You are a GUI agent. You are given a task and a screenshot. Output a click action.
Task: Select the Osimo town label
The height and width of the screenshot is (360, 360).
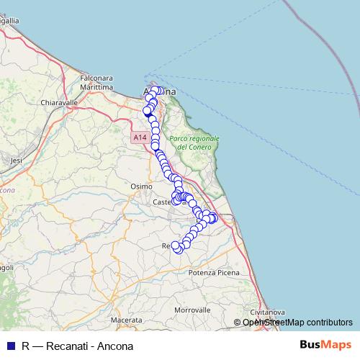(x=141, y=186)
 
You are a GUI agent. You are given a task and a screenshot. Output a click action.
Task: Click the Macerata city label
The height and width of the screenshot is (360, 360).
(x=126, y=319)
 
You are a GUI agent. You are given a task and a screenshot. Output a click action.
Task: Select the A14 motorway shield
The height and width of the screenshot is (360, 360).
(x=140, y=137)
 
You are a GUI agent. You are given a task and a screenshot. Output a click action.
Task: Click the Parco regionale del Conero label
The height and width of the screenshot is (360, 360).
(x=194, y=143)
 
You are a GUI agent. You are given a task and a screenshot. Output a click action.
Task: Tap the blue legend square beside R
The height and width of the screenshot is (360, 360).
(x=10, y=345)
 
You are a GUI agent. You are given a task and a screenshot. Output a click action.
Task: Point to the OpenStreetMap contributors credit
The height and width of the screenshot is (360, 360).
(x=297, y=322)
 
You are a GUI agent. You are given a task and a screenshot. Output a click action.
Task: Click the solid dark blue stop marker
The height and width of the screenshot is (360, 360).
(x=148, y=112)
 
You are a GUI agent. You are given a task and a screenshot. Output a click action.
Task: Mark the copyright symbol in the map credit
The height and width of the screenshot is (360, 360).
(x=238, y=322)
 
